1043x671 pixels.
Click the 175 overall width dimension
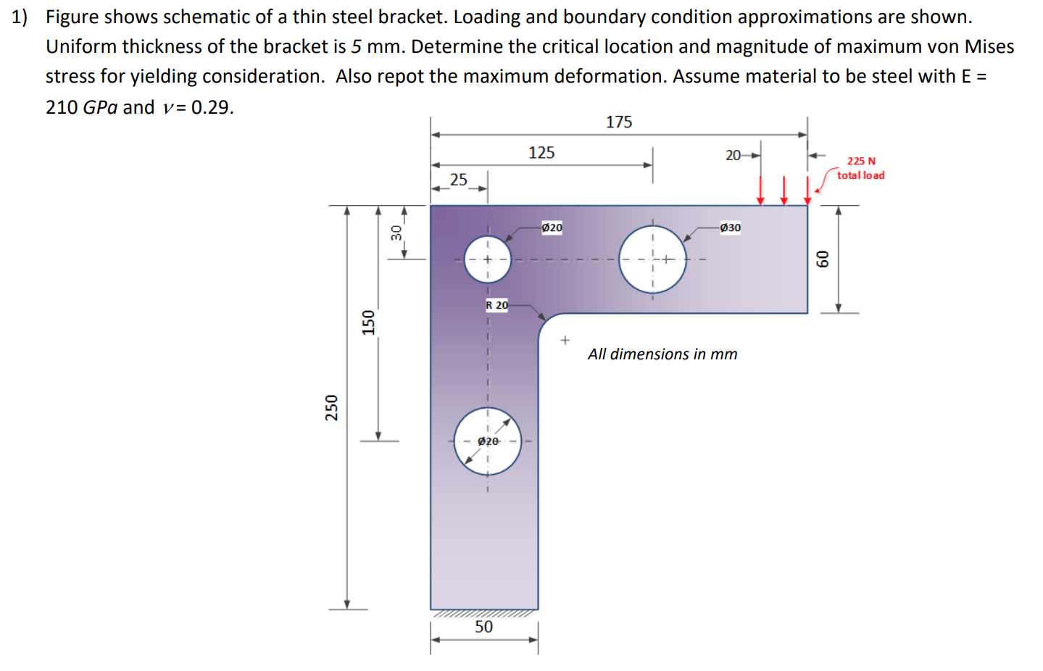coord(619,122)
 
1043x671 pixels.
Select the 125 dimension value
coord(541,153)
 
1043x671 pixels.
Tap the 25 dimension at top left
coord(459,180)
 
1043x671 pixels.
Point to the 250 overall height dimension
coord(332,407)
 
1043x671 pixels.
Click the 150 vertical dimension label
coord(369,322)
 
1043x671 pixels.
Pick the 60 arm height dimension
coord(823,259)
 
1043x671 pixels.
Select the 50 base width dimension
coord(483,627)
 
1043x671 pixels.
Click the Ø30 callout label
coord(730,228)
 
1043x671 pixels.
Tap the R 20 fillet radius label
coord(497,305)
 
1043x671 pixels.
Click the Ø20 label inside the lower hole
coord(488,441)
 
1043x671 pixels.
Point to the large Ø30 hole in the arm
coord(652,259)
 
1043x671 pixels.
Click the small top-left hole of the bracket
coord(487,259)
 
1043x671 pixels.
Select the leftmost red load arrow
coord(760,191)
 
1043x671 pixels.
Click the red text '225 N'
coord(861,161)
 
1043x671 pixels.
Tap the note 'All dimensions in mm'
coord(662,354)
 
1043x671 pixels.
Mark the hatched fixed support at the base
coord(484,614)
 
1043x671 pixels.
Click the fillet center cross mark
coord(565,340)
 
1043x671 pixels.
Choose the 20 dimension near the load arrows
coord(734,155)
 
